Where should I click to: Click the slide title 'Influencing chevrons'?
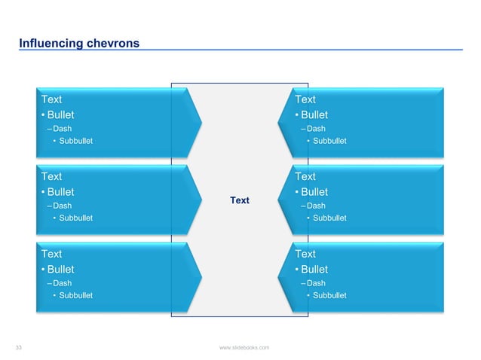click(79, 44)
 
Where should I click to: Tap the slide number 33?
click(20, 347)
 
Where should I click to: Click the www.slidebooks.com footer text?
click(244, 347)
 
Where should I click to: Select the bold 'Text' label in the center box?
click(240, 200)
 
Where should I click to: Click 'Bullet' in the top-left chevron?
click(60, 115)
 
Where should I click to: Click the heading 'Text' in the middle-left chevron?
click(51, 176)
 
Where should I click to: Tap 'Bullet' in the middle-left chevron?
click(60, 192)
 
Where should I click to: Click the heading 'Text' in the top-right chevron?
click(305, 99)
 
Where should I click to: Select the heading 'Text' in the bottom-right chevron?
click(305, 254)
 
